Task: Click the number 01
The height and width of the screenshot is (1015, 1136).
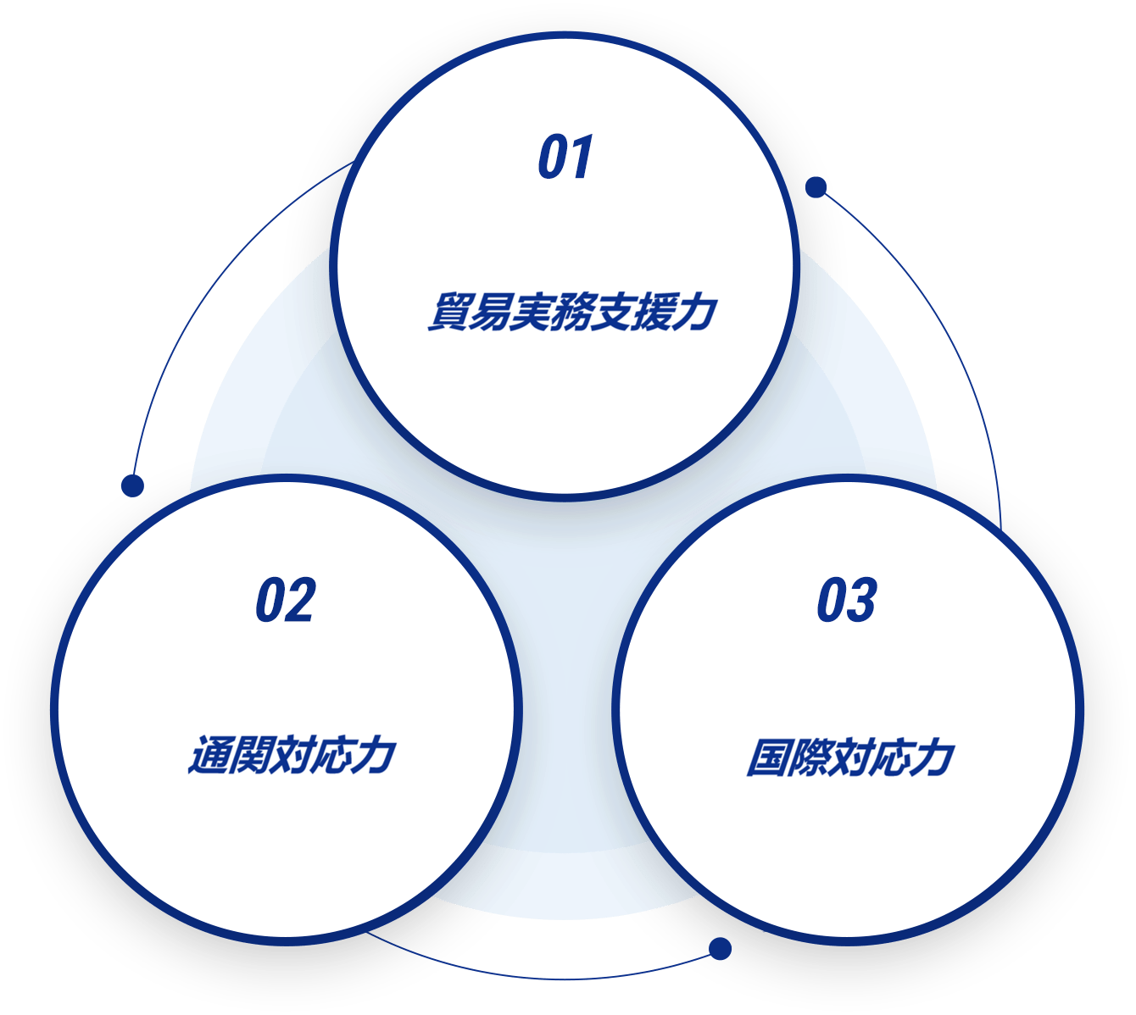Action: tap(565, 157)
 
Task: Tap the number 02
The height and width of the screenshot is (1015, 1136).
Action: tap(286, 599)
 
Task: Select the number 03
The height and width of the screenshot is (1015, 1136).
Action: tap(846, 599)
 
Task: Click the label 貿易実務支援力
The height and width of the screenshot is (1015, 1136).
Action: tap(572, 312)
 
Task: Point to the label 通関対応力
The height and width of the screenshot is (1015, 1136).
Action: tap(292, 755)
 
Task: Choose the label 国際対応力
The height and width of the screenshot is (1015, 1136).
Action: tap(849, 757)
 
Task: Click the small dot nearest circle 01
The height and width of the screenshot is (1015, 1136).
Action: tap(816, 187)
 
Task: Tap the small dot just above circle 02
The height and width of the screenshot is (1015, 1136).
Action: tap(132, 485)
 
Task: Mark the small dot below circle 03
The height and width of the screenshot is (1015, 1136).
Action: tap(720, 949)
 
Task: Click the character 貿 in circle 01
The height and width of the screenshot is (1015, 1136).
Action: tap(448, 312)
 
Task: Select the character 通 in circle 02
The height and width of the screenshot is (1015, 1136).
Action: tap(208, 756)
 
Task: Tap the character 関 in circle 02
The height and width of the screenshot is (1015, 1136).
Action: tap(249, 756)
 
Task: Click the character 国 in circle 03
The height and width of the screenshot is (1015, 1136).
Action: tap(766, 757)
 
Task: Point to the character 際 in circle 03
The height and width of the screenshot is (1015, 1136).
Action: tap(808, 757)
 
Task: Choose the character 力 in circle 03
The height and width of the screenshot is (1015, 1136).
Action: tap(933, 757)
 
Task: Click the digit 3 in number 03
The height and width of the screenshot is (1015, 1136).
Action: tap(862, 599)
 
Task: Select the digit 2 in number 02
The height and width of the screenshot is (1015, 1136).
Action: tap(301, 599)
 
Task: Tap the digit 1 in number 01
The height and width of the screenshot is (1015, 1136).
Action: tap(582, 157)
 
